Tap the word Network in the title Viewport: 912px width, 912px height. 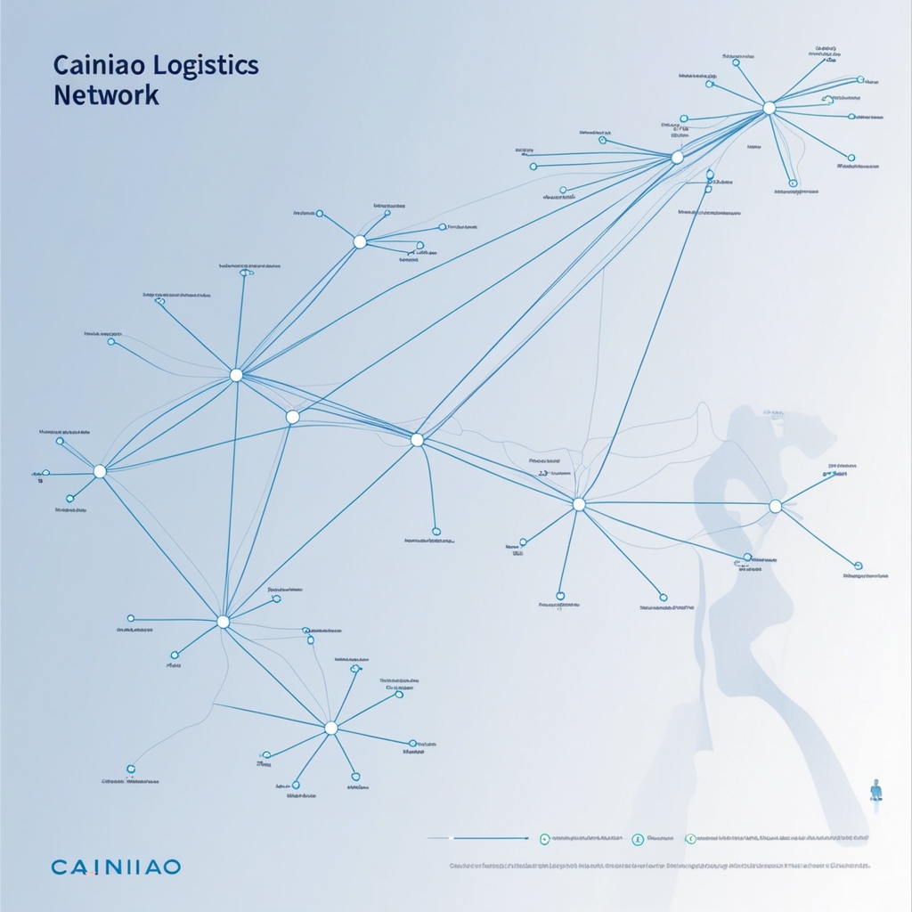106,95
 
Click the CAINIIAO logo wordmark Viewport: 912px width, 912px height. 115,867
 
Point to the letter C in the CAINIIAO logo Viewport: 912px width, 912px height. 59,867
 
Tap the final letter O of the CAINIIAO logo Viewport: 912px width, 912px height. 172,867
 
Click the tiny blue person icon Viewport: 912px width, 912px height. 875,788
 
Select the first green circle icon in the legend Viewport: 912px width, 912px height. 544,838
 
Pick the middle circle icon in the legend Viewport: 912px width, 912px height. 637,838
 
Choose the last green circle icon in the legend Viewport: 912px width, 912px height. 689,838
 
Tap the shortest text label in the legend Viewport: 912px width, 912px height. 660,838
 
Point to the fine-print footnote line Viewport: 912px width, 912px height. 659,865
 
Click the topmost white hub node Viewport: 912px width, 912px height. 769,108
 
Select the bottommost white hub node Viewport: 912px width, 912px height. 331,728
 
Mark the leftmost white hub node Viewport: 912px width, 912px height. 100,471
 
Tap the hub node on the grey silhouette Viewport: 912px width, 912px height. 775,506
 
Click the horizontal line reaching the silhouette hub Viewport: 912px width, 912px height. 677,504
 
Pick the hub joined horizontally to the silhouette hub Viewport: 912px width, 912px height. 579,504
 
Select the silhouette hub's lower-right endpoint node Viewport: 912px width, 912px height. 858,565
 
